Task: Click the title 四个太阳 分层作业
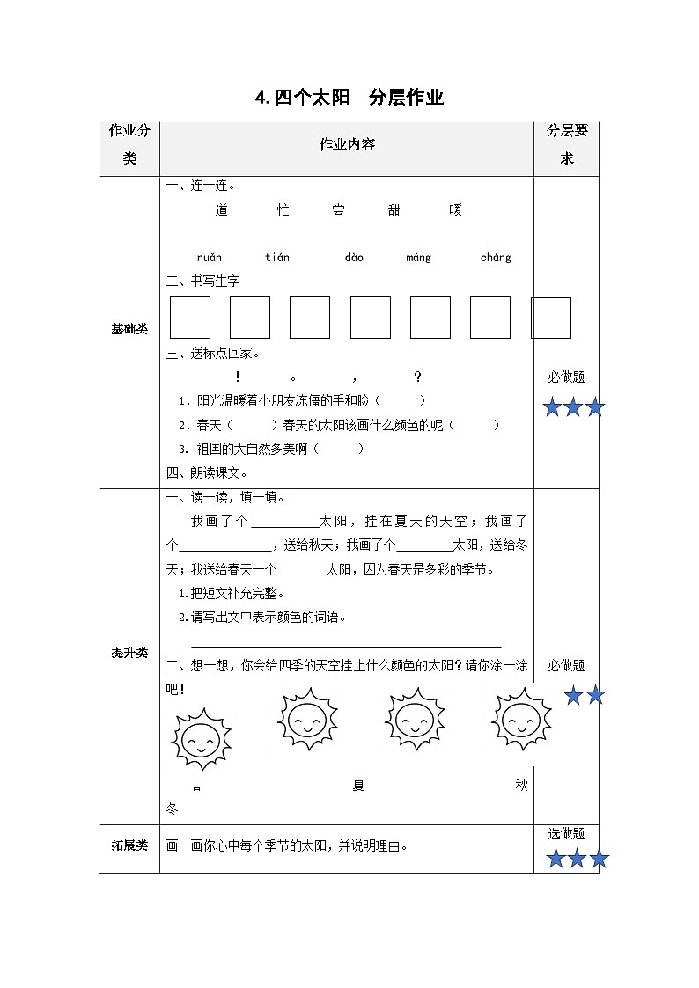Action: (x=349, y=98)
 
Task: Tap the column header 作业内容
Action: (x=347, y=144)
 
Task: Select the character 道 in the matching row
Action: (x=221, y=209)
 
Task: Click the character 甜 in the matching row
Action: (x=394, y=209)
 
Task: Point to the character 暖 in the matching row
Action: (x=454, y=209)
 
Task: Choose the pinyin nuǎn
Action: (x=210, y=258)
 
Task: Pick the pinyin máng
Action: (x=419, y=258)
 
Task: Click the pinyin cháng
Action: (x=496, y=258)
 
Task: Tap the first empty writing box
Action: (x=190, y=318)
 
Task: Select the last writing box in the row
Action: (x=551, y=318)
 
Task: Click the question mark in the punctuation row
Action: (x=418, y=377)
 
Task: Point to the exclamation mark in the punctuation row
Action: (x=239, y=377)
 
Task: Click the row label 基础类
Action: (x=129, y=329)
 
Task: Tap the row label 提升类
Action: (x=129, y=653)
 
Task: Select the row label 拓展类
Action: (x=129, y=846)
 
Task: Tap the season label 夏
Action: (x=358, y=786)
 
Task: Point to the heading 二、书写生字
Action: (x=203, y=281)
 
